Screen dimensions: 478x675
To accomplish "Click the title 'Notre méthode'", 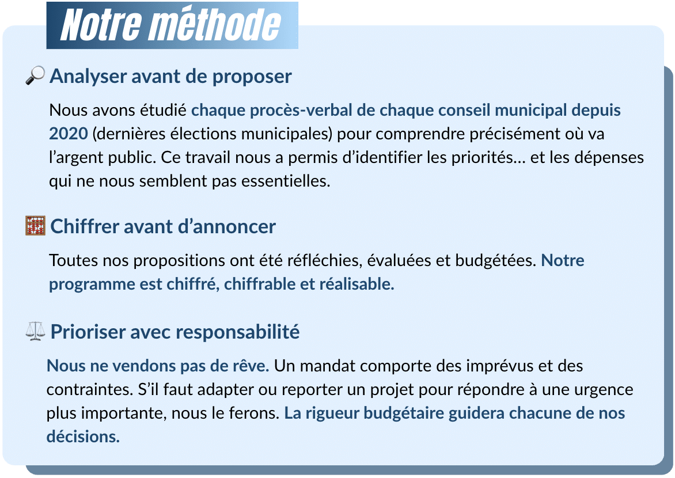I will [x=171, y=25].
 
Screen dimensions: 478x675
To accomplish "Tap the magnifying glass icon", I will [x=36, y=75].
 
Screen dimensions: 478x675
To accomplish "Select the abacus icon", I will [x=36, y=226].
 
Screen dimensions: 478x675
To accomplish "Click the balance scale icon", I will [x=36, y=332].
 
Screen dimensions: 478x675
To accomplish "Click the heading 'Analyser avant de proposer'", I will [x=170, y=76].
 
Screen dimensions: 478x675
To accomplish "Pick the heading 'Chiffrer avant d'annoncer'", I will [x=163, y=226].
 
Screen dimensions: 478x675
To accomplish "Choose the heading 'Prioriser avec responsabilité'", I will [x=175, y=332].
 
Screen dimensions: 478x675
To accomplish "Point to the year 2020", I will [x=68, y=134].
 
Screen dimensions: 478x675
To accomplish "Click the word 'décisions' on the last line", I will [x=82, y=437].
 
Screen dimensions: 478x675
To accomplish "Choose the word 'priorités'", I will [x=480, y=157].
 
